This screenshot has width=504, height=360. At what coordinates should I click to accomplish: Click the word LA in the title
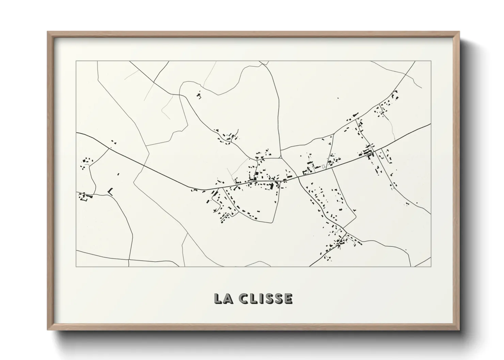click(223, 298)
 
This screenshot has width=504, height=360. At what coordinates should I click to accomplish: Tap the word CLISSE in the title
click(266, 298)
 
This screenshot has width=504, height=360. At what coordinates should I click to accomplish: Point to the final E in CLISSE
click(288, 298)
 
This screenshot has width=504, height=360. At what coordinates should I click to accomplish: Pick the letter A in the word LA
click(228, 298)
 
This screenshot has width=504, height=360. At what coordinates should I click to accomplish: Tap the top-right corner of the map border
click(431, 61)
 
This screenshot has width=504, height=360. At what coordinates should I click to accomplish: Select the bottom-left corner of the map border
click(76, 266)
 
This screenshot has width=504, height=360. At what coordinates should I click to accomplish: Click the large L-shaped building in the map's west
click(110, 191)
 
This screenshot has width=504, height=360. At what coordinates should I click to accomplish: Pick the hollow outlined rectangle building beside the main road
click(323, 166)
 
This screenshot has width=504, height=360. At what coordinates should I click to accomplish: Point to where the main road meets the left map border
click(76, 133)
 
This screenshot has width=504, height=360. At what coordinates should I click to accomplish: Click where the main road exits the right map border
click(431, 124)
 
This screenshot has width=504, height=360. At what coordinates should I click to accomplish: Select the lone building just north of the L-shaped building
click(118, 174)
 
